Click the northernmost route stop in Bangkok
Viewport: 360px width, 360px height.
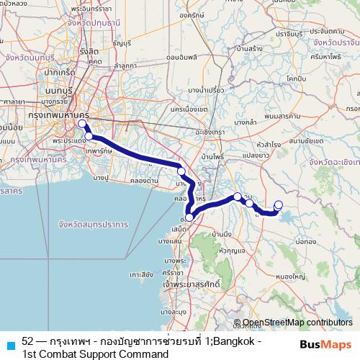pyautogui.click(x=82, y=123)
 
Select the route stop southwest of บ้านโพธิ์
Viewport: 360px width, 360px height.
pyautogui.click(x=181, y=171)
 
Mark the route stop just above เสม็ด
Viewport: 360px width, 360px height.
pyautogui.click(x=189, y=217)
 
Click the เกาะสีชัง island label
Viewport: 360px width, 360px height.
pyautogui.click(x=141, y=274)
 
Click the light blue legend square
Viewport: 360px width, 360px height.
pyautogui.click(x=9, y=344)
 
